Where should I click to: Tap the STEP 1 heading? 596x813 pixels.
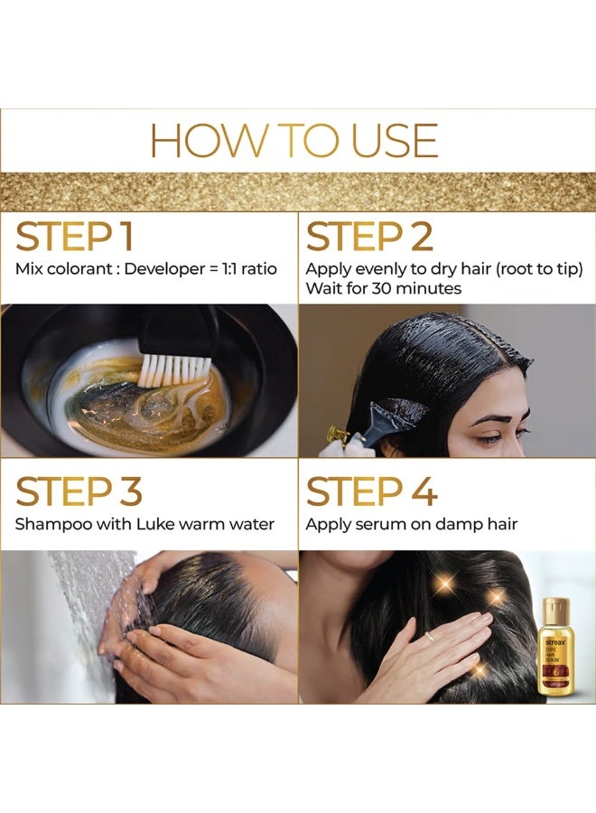tap(75, 236)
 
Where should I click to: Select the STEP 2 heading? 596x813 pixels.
tap(369, 236)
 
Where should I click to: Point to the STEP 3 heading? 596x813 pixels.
tap(79, 491)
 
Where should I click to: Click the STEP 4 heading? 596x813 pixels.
tap(372, 491)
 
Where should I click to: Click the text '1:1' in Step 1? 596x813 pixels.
tap(224, 268)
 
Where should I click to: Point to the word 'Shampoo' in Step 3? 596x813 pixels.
tap(51, 524)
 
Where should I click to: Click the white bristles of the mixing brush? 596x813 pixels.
tap(175, 369)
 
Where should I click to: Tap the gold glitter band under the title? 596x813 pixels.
tap(298, 191)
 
